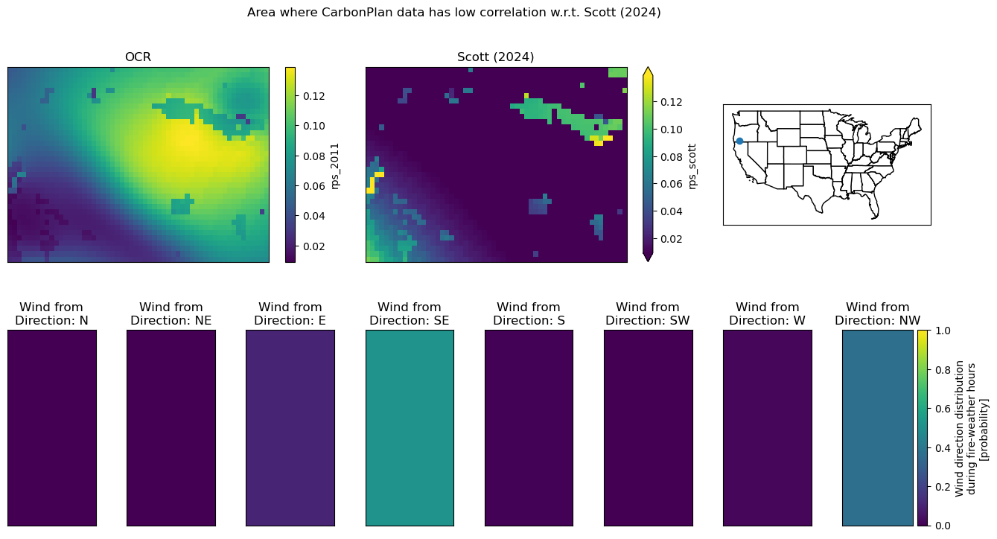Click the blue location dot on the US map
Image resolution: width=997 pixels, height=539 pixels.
[x=739, y=141]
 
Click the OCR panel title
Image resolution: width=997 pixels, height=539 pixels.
[x=138, y=57]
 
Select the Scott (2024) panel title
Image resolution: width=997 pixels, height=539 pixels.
[x=495, y=57]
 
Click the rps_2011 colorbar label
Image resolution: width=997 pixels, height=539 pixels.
[x=335, y=166]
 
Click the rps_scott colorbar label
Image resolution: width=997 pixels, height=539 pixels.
[x=692, y=167]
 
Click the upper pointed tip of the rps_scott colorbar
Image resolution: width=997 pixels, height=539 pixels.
[x=648, y=68]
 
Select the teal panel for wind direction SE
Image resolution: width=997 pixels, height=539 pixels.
[x=410, y=428]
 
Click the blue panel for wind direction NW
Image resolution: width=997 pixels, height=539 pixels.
[x=877, y=428]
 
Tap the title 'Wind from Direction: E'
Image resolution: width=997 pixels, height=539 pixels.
[x=290, y=313]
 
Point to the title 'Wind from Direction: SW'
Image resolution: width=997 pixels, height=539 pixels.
[x=648, y=313]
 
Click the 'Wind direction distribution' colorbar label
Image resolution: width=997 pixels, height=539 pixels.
[x=959, y=428]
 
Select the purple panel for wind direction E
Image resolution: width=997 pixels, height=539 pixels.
[x=290, y=428]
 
